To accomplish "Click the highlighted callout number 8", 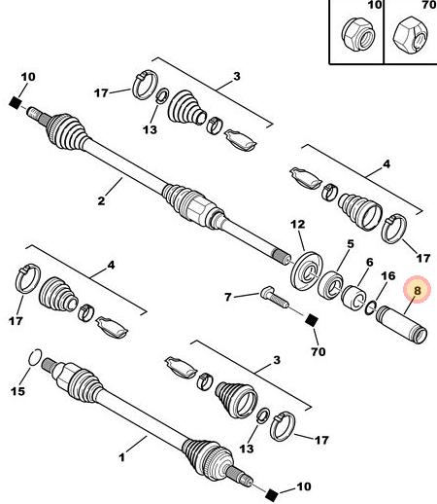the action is coord(418,290).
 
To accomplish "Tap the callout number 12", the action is coord(298,225).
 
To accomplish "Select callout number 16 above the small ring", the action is coord(388,275).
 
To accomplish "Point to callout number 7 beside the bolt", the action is coord(228,297).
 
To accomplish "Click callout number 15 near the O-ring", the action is coord(17,391).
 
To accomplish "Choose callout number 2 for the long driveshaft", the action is coord(101,200).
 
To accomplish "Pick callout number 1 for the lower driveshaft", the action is coord(121,457).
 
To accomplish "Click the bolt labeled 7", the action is coord(275,298).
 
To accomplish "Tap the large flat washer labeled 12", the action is coord(307,270).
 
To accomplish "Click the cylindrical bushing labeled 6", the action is coord(354,297).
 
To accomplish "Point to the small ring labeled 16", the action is coord(370,307).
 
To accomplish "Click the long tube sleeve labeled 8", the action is coord(401,325).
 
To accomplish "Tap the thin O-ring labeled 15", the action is coord(35,357).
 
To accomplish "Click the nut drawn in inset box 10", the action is coord(358,33).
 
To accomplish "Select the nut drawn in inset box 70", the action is coord(411,35).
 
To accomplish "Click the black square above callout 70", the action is coord(312,320).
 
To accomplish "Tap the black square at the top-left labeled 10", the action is coord(15,103).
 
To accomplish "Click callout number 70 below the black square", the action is coord(319,351).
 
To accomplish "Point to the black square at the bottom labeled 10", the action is coord(271,494).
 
